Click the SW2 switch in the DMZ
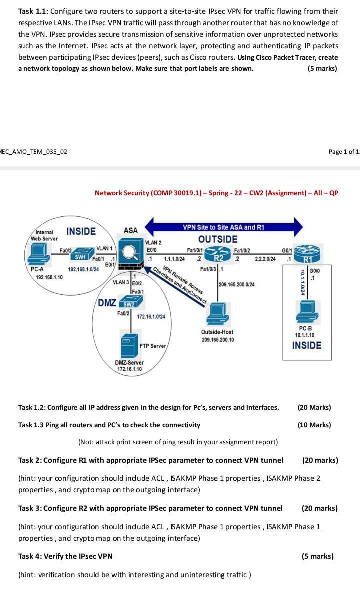[131, 302]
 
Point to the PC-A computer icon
[38, 254]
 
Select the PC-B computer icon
[307, 312]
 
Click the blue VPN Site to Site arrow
[224, 227]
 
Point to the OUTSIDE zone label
[218, 239]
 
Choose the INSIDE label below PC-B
[307, 345]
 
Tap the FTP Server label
[152, 346]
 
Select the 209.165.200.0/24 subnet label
[237, 284]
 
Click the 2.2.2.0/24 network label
[265, 259]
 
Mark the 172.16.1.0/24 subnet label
[151, 316]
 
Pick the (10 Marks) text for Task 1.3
[314, 425]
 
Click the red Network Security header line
[217, 193]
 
